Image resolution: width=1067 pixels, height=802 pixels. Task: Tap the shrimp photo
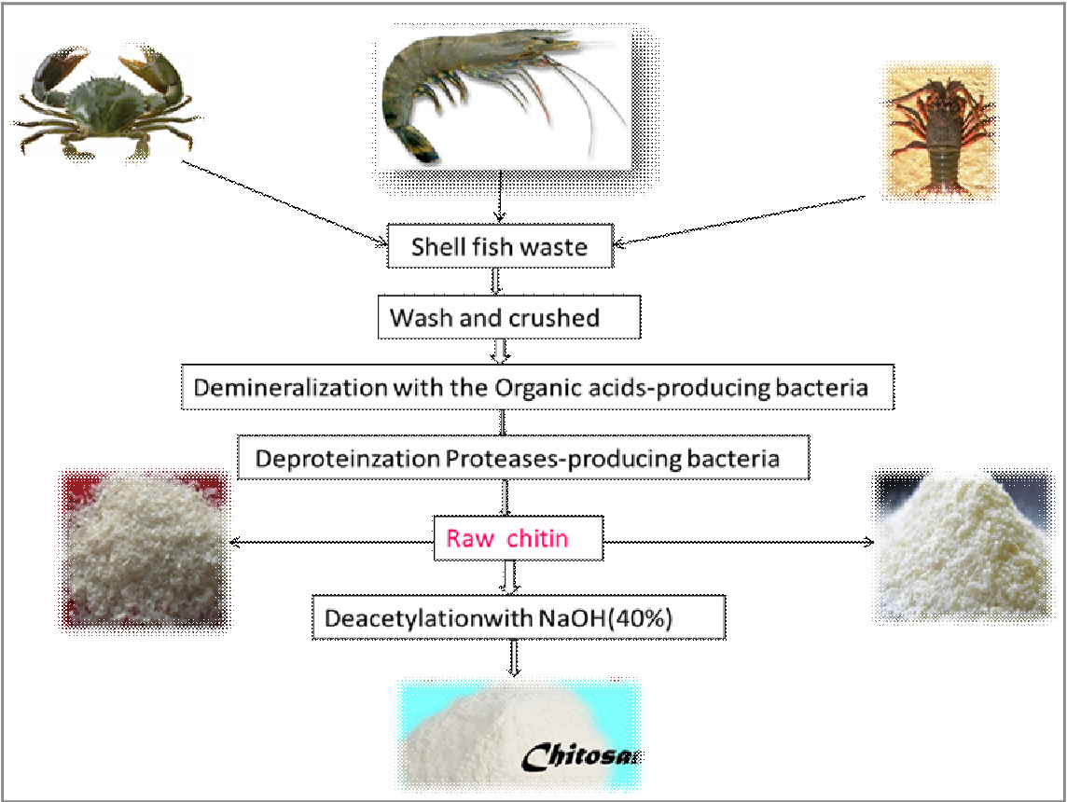504,93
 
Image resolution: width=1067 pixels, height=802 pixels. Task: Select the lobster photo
938,131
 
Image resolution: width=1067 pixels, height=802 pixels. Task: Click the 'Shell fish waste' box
499,247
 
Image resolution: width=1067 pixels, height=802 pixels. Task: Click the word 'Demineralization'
279,386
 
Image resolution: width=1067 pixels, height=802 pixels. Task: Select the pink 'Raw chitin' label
507,538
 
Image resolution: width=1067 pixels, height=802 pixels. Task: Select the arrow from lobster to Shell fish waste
746,220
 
